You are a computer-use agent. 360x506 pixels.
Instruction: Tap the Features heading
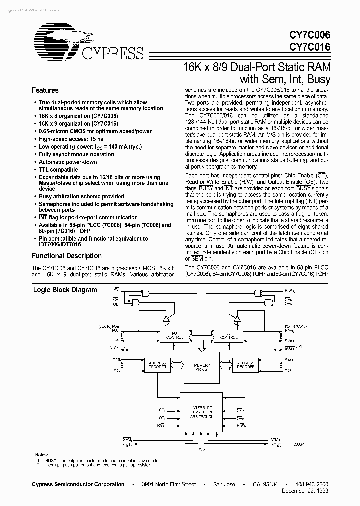pos(45,90)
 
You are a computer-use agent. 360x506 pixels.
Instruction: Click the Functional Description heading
pos(67,256)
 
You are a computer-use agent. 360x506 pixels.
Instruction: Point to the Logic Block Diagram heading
pos(65,290)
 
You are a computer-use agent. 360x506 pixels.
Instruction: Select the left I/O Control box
pos(171,336)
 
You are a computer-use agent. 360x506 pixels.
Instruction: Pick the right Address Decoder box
pos(246,365)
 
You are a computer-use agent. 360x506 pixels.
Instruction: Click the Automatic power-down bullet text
pos(68,162)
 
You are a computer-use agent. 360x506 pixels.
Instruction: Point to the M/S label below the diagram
pos(202,449)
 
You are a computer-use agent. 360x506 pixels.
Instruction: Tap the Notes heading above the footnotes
pos(42,454)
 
